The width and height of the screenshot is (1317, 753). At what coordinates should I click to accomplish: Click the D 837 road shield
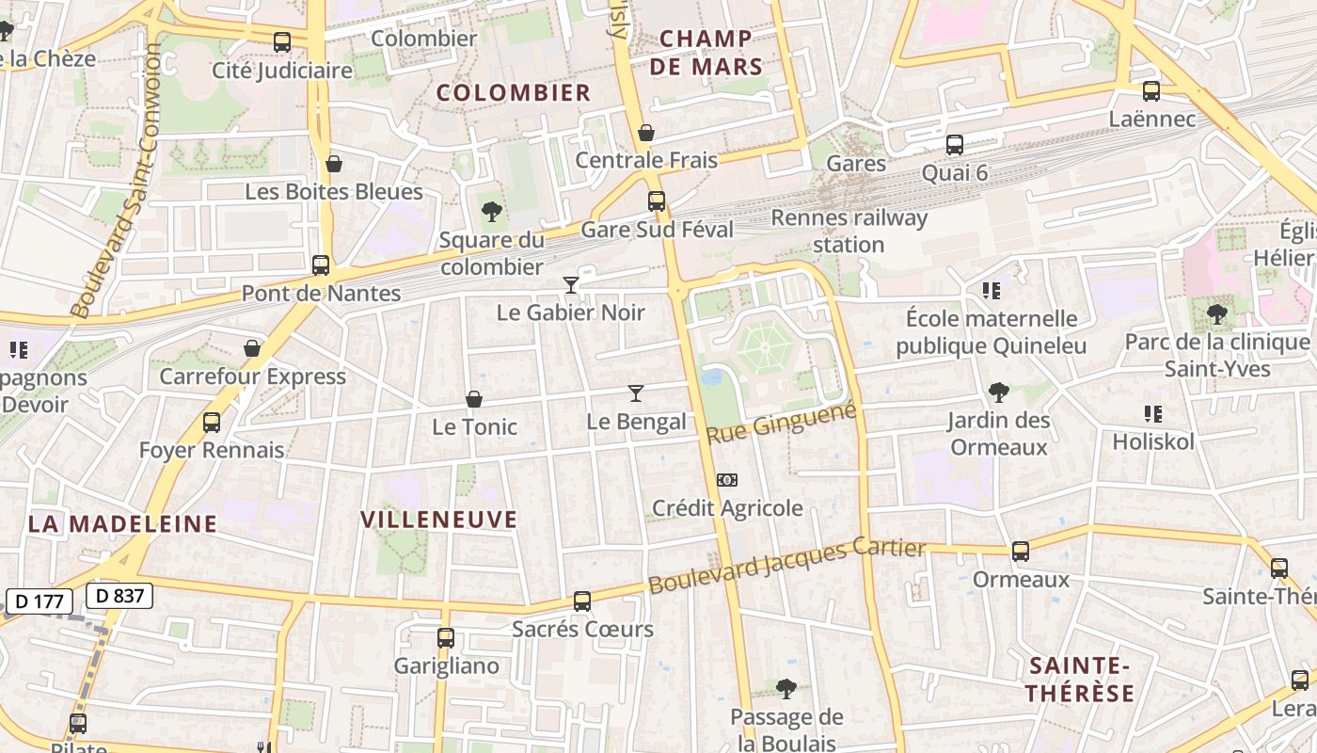(x=119, y=595)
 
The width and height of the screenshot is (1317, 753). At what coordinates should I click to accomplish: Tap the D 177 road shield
(x=39, y=601)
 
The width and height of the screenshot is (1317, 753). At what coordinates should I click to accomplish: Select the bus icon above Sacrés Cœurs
(x=582, y=601)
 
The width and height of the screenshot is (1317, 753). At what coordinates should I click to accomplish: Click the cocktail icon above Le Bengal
(x=636, y=393)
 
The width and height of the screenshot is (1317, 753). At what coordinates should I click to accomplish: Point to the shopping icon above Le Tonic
(x=474, y=400)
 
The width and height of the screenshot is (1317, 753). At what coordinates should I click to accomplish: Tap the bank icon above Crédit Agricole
(x=726, y=480)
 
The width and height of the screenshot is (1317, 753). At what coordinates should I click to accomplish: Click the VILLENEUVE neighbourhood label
(x=439, y=520)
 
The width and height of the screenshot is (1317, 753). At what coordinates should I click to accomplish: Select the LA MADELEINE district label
(x=122, y=524)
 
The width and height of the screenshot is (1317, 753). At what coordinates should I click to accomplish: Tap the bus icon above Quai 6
(x=955, y=145)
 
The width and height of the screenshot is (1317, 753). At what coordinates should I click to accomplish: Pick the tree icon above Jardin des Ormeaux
(x=998, y=392)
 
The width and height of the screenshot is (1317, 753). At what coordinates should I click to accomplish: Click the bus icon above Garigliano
(x=446, y=637)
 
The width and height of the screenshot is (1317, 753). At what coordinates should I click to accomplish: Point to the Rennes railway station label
(x=849, y=232)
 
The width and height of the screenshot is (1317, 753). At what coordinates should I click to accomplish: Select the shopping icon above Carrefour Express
(x=252, y=349)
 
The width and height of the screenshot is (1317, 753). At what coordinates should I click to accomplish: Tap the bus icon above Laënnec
(x=1151, y=91)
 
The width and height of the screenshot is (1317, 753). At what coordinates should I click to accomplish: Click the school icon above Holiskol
(x=1152, y=413)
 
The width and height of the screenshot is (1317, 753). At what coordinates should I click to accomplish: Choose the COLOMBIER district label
(x=514, y=92)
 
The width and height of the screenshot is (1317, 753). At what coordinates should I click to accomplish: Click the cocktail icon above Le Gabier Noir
(x=570, y=284)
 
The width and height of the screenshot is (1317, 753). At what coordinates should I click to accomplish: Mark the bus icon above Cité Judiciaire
(x=281, y=42)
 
